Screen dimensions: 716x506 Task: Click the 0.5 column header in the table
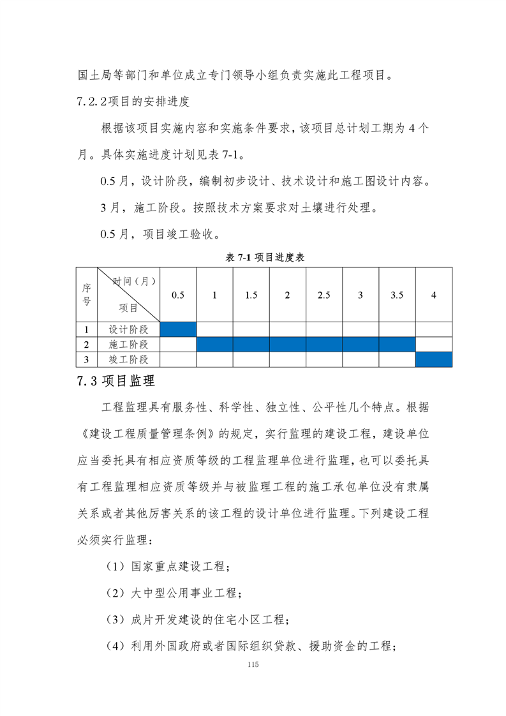178,295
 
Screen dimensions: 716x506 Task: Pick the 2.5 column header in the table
324,295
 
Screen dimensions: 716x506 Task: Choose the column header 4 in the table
434,295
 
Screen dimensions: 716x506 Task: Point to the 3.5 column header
397,295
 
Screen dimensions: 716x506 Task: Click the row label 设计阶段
128,329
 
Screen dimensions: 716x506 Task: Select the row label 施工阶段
128,345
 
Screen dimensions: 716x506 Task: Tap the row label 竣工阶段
128,360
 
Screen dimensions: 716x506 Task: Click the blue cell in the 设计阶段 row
178,329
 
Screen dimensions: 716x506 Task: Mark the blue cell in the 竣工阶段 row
434,360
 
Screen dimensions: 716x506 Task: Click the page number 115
253,665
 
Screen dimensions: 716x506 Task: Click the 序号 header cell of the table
86,294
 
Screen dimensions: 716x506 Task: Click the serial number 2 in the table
86,345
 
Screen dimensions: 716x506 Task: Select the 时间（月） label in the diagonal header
135,281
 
